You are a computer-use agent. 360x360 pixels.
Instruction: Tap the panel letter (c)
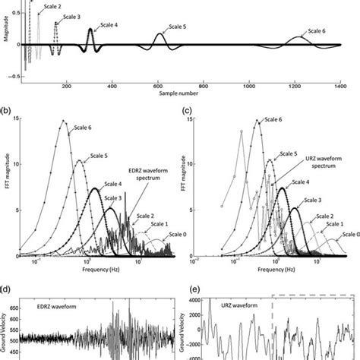[x=188, y=110]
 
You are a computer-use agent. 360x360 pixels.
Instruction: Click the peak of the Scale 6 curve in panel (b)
[x=65, y=121]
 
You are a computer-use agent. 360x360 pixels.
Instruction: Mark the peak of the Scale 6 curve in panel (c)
[x=258, y=119]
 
